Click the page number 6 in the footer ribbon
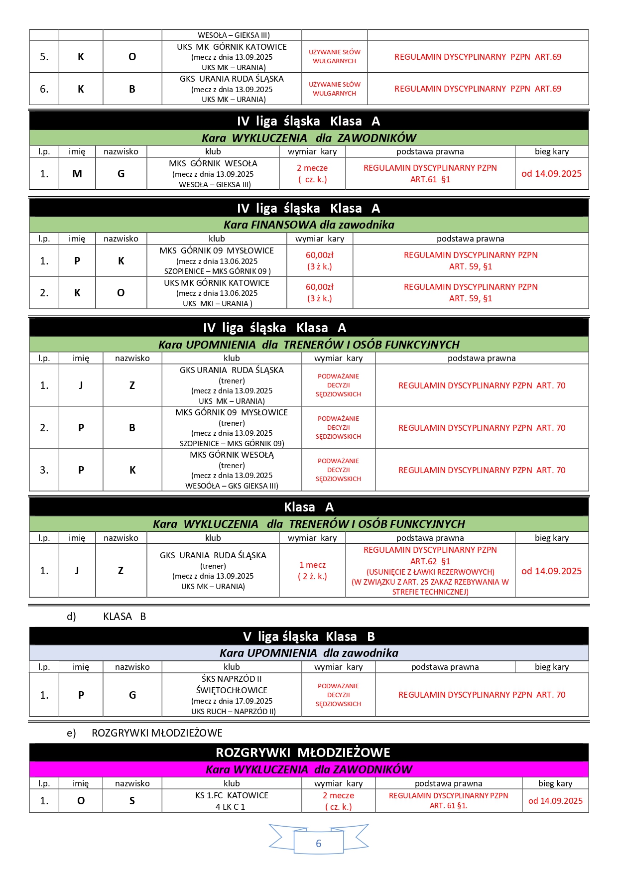[318, 844]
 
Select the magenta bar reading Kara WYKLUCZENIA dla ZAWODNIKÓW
[309, 769]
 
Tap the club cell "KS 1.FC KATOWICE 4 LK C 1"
[232, 801]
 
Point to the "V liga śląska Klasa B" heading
[309, 636]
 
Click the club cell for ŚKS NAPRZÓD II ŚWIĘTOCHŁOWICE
[232, 695]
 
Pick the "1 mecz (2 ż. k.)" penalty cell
[312, 571]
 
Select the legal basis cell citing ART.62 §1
[430, 571]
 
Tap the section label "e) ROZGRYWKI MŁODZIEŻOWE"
[144, 733]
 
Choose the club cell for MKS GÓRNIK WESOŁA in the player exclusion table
[213, 174]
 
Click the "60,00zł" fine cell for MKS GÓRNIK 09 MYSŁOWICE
[319, 260]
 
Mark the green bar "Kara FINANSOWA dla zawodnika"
[309, 225]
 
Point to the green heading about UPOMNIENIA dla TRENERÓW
[309, 345]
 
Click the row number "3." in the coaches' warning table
[44, 470]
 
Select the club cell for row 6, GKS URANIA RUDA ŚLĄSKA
[232, 89]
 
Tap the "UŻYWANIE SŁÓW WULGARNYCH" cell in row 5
[334, 57]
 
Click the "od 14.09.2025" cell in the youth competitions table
[555, 801]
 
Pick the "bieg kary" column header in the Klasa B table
[552, 667]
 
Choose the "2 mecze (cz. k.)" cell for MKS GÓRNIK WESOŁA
[312, 174]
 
